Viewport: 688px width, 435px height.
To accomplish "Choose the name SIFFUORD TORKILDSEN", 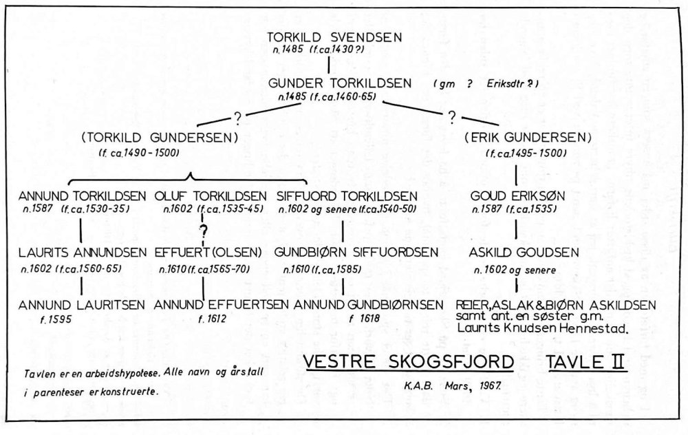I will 347,195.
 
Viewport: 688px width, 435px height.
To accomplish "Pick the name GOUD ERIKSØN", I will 517,195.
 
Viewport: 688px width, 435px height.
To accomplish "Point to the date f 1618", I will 358,319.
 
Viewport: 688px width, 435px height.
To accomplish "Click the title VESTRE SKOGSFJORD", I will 409,362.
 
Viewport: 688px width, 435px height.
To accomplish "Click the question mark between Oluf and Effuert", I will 203,230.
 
